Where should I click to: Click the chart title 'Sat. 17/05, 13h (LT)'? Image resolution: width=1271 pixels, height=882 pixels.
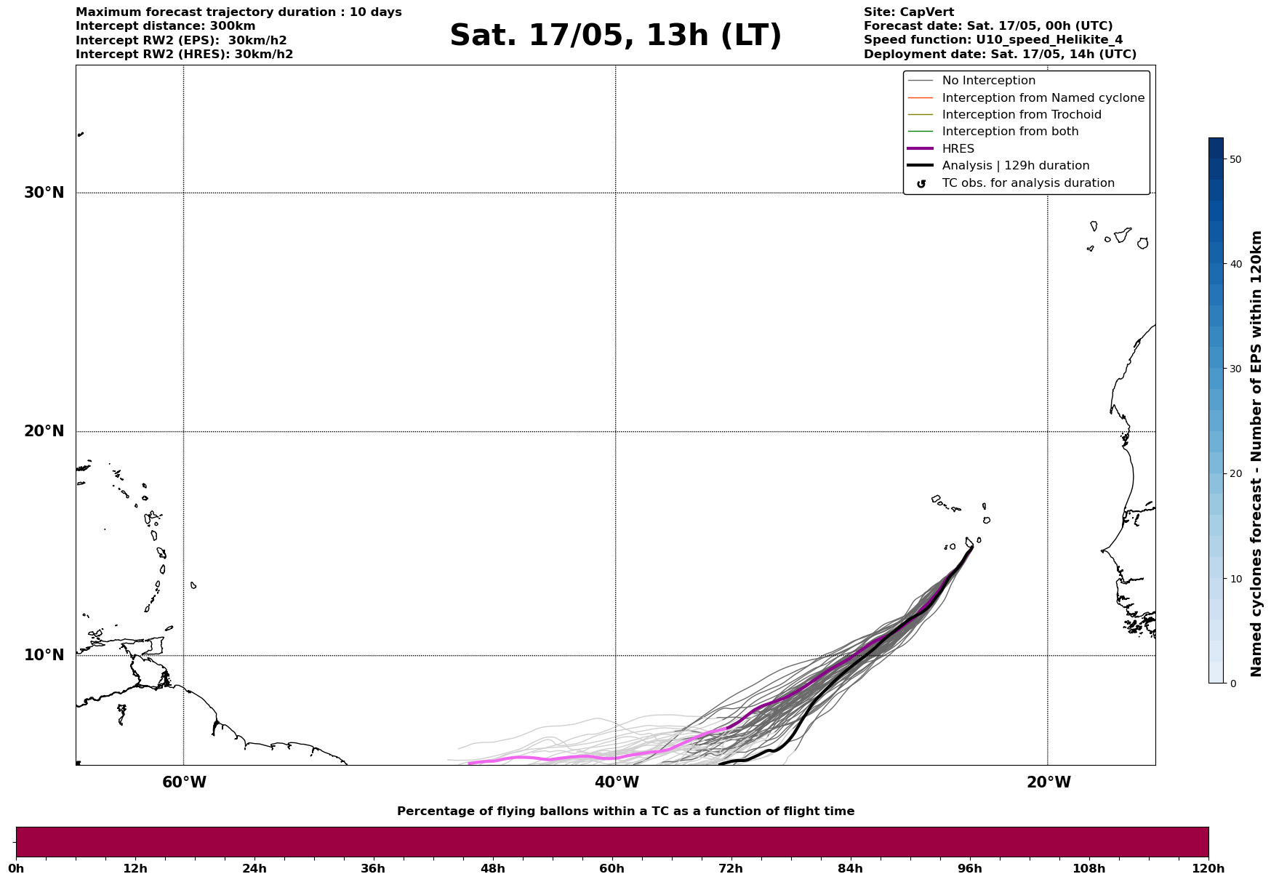point(615,36)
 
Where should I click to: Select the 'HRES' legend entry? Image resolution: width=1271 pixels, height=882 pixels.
point(958,149)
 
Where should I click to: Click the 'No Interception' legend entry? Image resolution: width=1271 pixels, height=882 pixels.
point(988,81)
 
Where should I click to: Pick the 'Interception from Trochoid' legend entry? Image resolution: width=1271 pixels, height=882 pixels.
point(1021,115)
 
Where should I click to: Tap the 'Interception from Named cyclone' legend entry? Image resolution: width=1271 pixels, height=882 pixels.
point(1043,98)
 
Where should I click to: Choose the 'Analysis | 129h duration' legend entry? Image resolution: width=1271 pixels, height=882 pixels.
point(1015,166)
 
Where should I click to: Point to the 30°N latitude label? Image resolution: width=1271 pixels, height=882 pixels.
point(44,193)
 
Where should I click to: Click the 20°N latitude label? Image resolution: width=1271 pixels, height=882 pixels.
point(44,431)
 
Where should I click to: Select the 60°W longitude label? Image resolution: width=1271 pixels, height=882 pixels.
point(184,782)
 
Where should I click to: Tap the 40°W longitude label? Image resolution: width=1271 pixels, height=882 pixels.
point(617,782)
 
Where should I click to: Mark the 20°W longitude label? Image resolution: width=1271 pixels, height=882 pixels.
point(1049,782)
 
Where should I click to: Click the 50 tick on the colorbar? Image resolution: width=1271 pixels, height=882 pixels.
point(1235,159)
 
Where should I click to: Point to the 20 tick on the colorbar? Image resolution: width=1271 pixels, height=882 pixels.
point(1235,474)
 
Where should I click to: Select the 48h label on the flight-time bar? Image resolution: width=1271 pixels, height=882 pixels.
point(492,869)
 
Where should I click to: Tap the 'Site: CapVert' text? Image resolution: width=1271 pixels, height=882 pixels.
point(908,12)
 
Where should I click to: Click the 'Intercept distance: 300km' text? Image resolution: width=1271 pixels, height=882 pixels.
point(165,26)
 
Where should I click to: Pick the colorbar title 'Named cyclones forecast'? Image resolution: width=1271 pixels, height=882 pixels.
point(1256,454)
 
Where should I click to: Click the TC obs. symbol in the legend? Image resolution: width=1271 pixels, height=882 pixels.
point(921,184)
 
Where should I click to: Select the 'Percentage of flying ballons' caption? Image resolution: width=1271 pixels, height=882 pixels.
point(625,811)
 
